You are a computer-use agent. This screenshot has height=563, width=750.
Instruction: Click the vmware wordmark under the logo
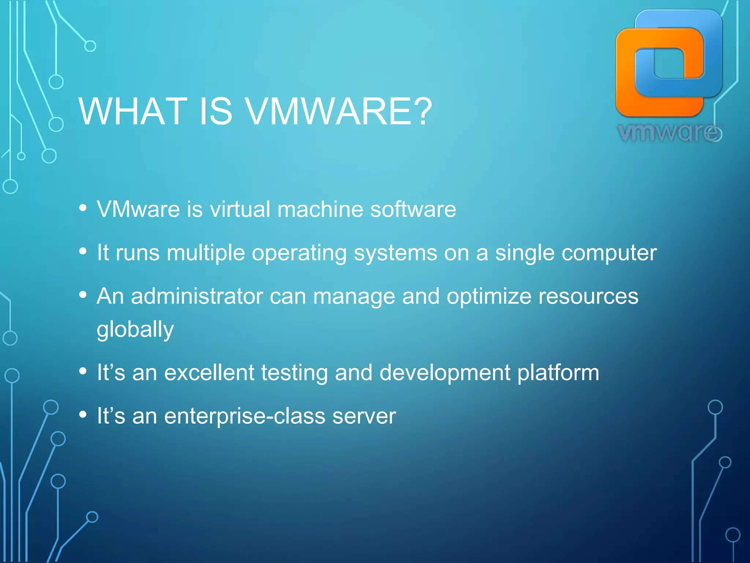click(669, 132)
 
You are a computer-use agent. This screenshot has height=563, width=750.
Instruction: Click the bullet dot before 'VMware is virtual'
click(83, 208)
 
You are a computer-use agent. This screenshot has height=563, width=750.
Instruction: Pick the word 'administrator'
click(197, 296)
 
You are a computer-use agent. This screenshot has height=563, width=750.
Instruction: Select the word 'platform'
click(558, 373)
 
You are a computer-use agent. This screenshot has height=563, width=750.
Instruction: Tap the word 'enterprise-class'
click(245, 416)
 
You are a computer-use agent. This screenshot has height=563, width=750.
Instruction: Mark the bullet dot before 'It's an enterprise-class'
click(83, 415)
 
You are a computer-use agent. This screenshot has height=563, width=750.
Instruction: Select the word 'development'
click(445, 373)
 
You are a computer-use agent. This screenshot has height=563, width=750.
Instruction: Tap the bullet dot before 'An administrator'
click(83, 295)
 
